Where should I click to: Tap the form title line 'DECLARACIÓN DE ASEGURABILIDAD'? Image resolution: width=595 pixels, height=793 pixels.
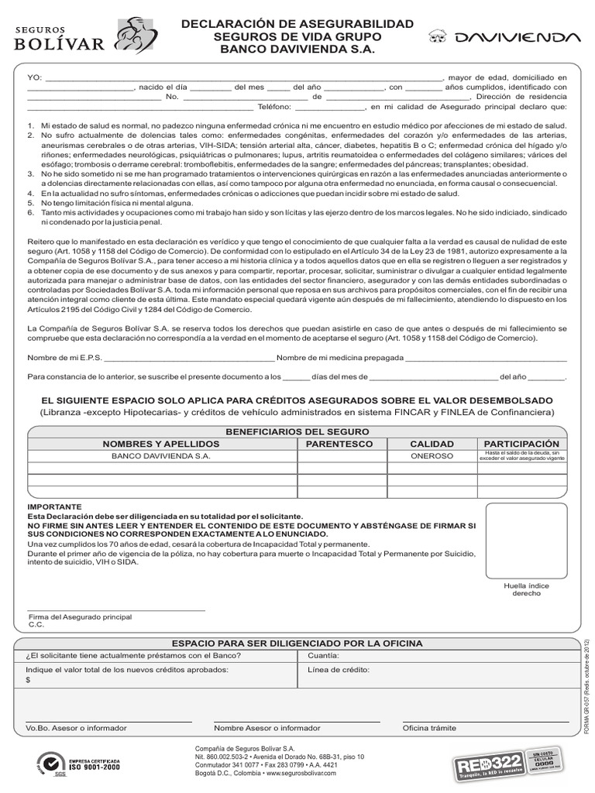(297, 24)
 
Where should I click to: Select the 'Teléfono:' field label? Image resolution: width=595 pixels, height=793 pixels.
(273, 108)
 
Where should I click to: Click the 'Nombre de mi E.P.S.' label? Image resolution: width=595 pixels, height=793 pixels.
(64, 358)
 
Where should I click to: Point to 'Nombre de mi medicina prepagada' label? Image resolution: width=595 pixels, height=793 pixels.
(340, 358)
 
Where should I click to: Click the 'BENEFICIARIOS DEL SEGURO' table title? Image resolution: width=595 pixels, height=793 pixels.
(297, 431)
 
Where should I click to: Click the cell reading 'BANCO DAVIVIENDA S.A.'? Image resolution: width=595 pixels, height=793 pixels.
(161, 457)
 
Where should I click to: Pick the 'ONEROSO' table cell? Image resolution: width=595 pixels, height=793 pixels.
(432, 457)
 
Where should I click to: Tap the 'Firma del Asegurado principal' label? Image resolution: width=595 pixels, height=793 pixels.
(80, 616)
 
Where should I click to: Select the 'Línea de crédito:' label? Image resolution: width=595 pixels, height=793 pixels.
(339, 670)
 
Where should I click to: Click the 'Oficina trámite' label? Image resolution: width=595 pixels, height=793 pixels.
(429, 728)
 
